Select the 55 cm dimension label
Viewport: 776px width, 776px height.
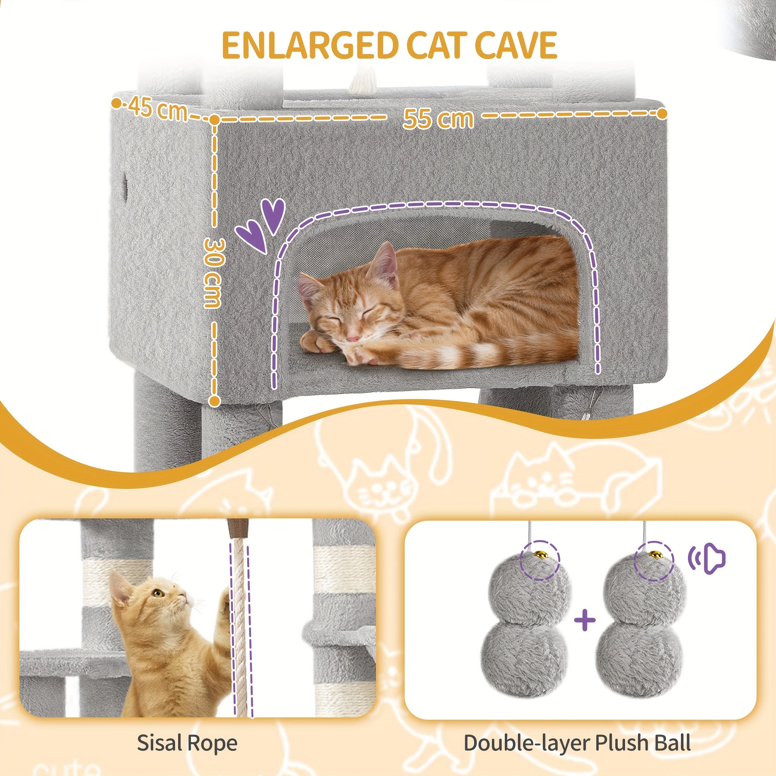[x=438, y=118]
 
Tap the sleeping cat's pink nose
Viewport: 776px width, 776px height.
[x=353, y=338]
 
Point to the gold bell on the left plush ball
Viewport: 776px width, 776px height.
[x=540, y=555]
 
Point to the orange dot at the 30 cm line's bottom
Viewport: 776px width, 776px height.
[x=215, y=401]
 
